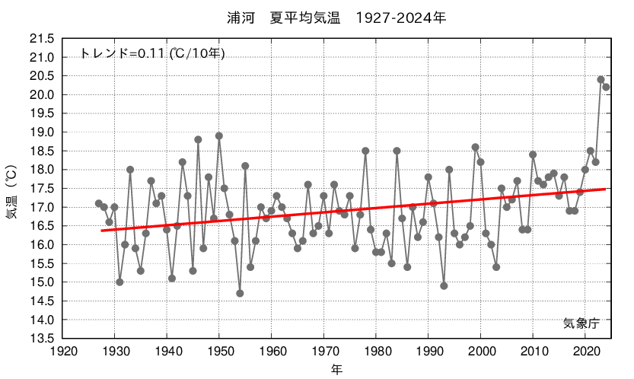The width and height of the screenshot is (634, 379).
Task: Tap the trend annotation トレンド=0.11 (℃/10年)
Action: coord(152,53)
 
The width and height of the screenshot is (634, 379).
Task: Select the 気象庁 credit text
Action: coord(581,323)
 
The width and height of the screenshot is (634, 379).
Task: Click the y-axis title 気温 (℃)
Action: coord(13,188)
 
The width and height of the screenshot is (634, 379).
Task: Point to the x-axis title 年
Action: coord(336,369)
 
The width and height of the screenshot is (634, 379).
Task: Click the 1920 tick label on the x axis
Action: coord(62,351)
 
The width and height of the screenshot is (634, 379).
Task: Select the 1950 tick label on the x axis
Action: coord(219,351)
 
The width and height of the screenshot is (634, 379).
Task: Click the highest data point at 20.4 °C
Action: coord(601,80)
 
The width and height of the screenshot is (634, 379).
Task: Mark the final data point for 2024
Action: coord(606,87)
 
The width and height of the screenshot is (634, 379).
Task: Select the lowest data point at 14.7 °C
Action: coord(240,293)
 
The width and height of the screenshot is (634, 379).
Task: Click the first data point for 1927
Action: coord(99,203)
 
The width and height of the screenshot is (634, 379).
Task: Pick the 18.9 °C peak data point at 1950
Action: coord(219,135)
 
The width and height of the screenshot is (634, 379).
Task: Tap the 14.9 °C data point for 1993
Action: coord(444,285)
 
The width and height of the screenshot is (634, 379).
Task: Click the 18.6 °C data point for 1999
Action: coord(475,147)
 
